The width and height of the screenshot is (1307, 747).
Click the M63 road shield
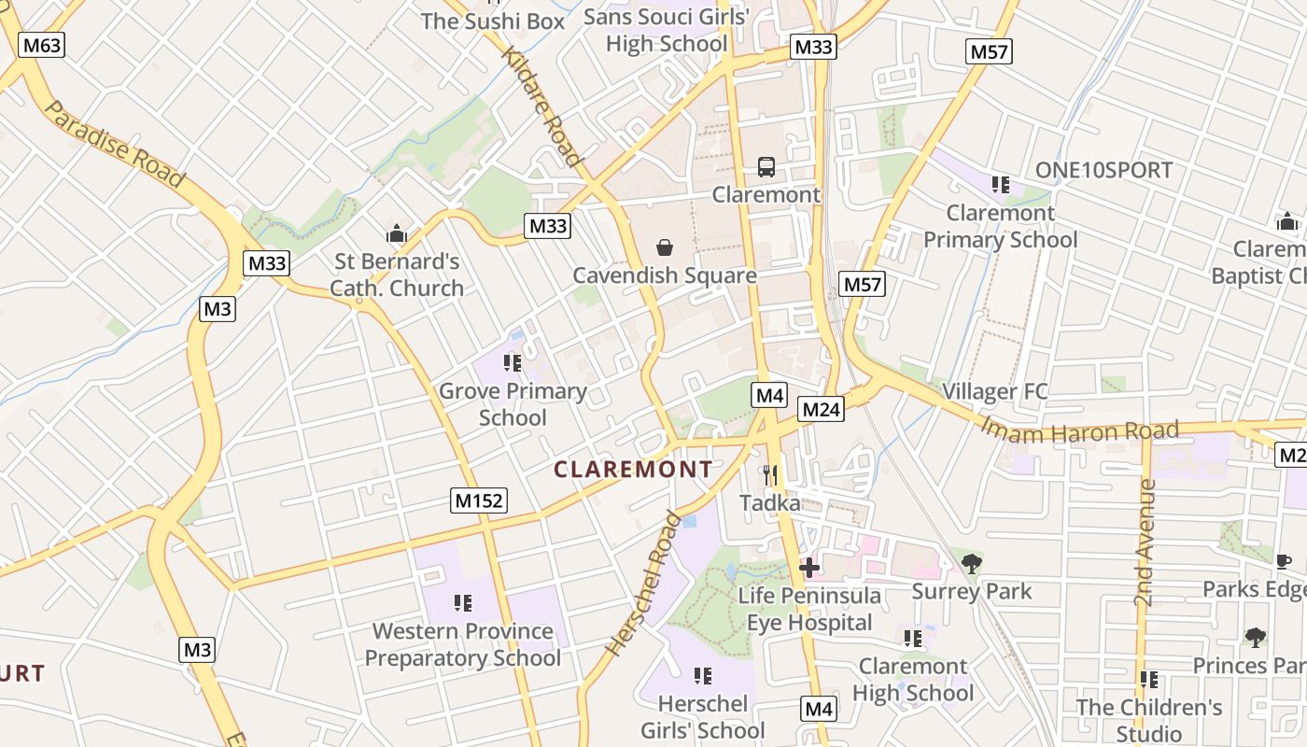42,45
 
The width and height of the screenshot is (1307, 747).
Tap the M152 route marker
479,500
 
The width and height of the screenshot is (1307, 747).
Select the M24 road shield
822,409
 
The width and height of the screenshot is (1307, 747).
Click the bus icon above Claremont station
766,167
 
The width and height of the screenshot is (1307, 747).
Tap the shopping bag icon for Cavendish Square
664,247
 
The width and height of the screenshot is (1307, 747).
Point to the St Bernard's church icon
397,233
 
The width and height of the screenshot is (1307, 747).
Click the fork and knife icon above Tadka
770,475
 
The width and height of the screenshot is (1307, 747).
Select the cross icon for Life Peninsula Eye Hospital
808,567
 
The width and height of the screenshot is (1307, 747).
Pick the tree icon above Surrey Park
971,563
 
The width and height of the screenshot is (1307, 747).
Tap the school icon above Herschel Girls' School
703,675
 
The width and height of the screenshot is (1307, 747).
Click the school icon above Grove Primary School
512,362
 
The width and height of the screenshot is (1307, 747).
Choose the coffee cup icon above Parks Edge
1284,561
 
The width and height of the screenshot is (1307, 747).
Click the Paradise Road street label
114,143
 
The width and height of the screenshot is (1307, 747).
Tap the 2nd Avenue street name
1145,542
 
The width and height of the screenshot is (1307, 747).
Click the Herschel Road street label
643,583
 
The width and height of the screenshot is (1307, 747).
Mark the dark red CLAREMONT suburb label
633,469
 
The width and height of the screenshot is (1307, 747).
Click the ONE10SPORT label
1103,170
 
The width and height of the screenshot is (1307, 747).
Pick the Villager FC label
995,391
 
